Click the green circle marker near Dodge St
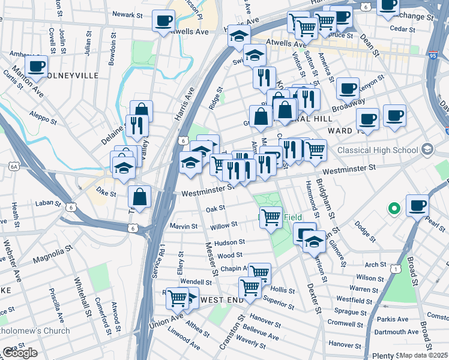pos(394,209)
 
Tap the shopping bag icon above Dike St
pos(139,196)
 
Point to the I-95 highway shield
pos(433,55)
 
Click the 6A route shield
pos(13,169)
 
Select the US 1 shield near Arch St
pos(394,269)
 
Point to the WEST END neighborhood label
pos(221,299)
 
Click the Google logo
pos(20,353)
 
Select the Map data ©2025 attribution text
pos(423,355)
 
